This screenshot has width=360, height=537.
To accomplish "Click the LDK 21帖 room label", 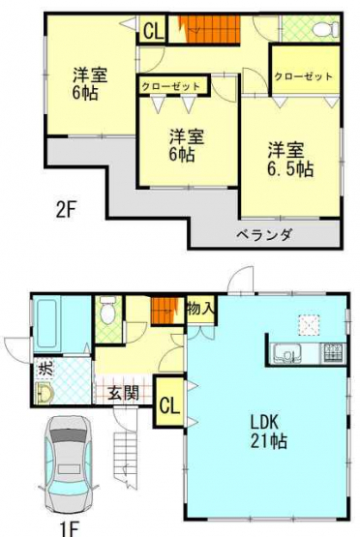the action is click(x=268, y=432).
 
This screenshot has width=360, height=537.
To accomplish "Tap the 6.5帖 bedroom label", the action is click(x=290, y=160).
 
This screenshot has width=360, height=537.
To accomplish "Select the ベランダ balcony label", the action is click(x=265, y=235).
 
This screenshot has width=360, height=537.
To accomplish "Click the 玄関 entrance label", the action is click(x=124, y=393).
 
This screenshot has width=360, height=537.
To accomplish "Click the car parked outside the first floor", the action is click(x=68, y=464).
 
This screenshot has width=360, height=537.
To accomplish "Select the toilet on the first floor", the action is click(x=107, y=311).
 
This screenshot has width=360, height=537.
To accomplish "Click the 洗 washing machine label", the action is click(x=45, y=369).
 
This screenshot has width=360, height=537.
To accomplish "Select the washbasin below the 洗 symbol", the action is click(x=45, y=394).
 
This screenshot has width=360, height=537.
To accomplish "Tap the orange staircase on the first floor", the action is click(x=165, y=311).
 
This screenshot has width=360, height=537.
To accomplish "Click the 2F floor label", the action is click(x=65, y=210).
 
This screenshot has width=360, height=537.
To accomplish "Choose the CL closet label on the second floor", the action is click(x=153, y=32).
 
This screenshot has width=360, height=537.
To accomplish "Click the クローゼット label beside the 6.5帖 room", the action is click(x=304, y=76).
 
